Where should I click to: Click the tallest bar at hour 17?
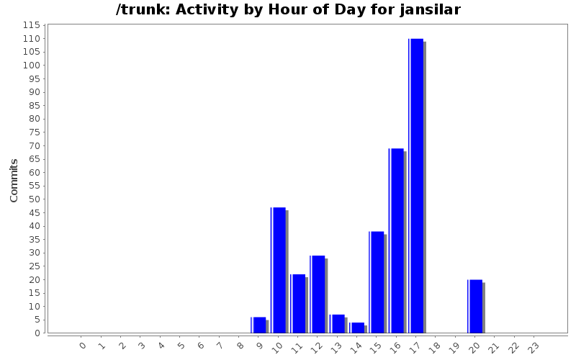[416, 186]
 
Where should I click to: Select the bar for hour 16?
[396, 240]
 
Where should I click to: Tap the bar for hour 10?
[279, 270]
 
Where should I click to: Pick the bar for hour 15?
[377, 282]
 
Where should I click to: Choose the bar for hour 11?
[298, 303]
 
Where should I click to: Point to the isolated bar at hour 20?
[475, 306]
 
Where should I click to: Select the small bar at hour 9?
[259, 325]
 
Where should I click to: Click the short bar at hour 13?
[338, 323]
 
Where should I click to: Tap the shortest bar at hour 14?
[357, 328]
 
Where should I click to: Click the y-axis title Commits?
[14, 180]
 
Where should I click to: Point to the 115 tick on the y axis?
[31, 25]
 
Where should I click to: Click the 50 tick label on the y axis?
[34, 199]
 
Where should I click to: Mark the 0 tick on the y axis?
[36, 333]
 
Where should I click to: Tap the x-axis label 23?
[533, 346]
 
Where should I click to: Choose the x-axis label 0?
[83, 346]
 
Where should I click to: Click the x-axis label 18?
[434, 346]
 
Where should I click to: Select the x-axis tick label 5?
[181, 346]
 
